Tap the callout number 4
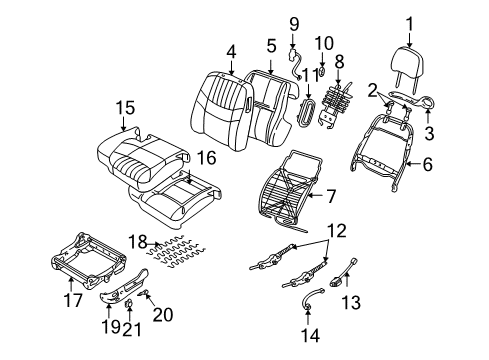[230, 49]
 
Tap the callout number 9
[293, 22]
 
